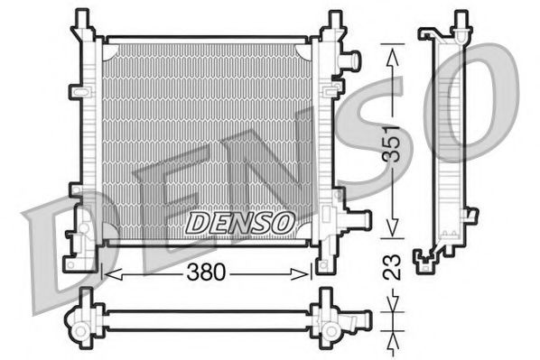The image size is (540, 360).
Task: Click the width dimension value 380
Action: (x=207, y=271)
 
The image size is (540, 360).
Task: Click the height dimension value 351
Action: (x=391, y=143)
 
